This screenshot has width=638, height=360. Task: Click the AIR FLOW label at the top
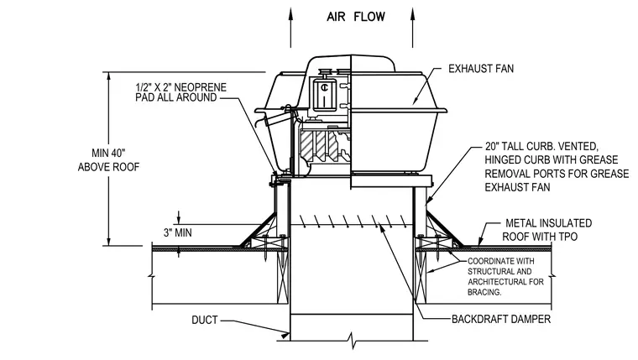point(356,17)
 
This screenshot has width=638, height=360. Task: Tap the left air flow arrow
point(290,27)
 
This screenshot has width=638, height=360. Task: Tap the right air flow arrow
point(412,27)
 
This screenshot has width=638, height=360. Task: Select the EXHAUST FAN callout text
point(481,69)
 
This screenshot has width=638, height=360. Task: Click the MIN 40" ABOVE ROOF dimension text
point(108,160)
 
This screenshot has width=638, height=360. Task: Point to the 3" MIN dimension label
point(177,232)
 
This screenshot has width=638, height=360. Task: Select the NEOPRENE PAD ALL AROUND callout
point(180,92)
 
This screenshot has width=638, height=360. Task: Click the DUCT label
point(205,320)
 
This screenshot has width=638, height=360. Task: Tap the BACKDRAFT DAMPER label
point(501,319)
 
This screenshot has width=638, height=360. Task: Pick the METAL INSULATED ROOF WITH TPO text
point(546,230)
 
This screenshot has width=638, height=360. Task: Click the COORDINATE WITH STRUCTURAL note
point(505,277)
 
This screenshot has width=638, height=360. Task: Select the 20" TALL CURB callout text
point(557,167)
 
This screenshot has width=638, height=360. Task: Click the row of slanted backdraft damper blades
point(352,222)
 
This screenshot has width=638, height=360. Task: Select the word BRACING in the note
point(484,292)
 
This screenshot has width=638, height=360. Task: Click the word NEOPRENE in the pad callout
point(200,87)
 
